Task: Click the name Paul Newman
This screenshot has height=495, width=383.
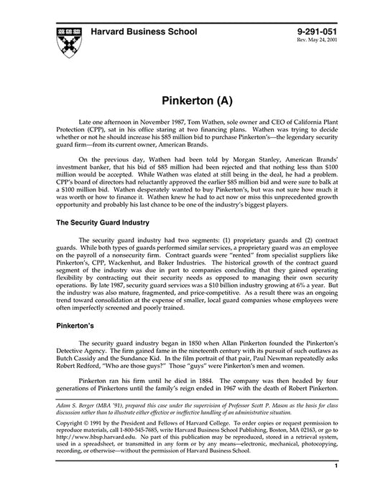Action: coord(274,357)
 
